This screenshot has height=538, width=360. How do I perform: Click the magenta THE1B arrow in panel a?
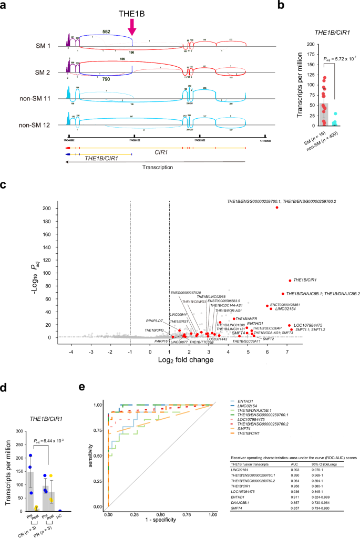[131, 24]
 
